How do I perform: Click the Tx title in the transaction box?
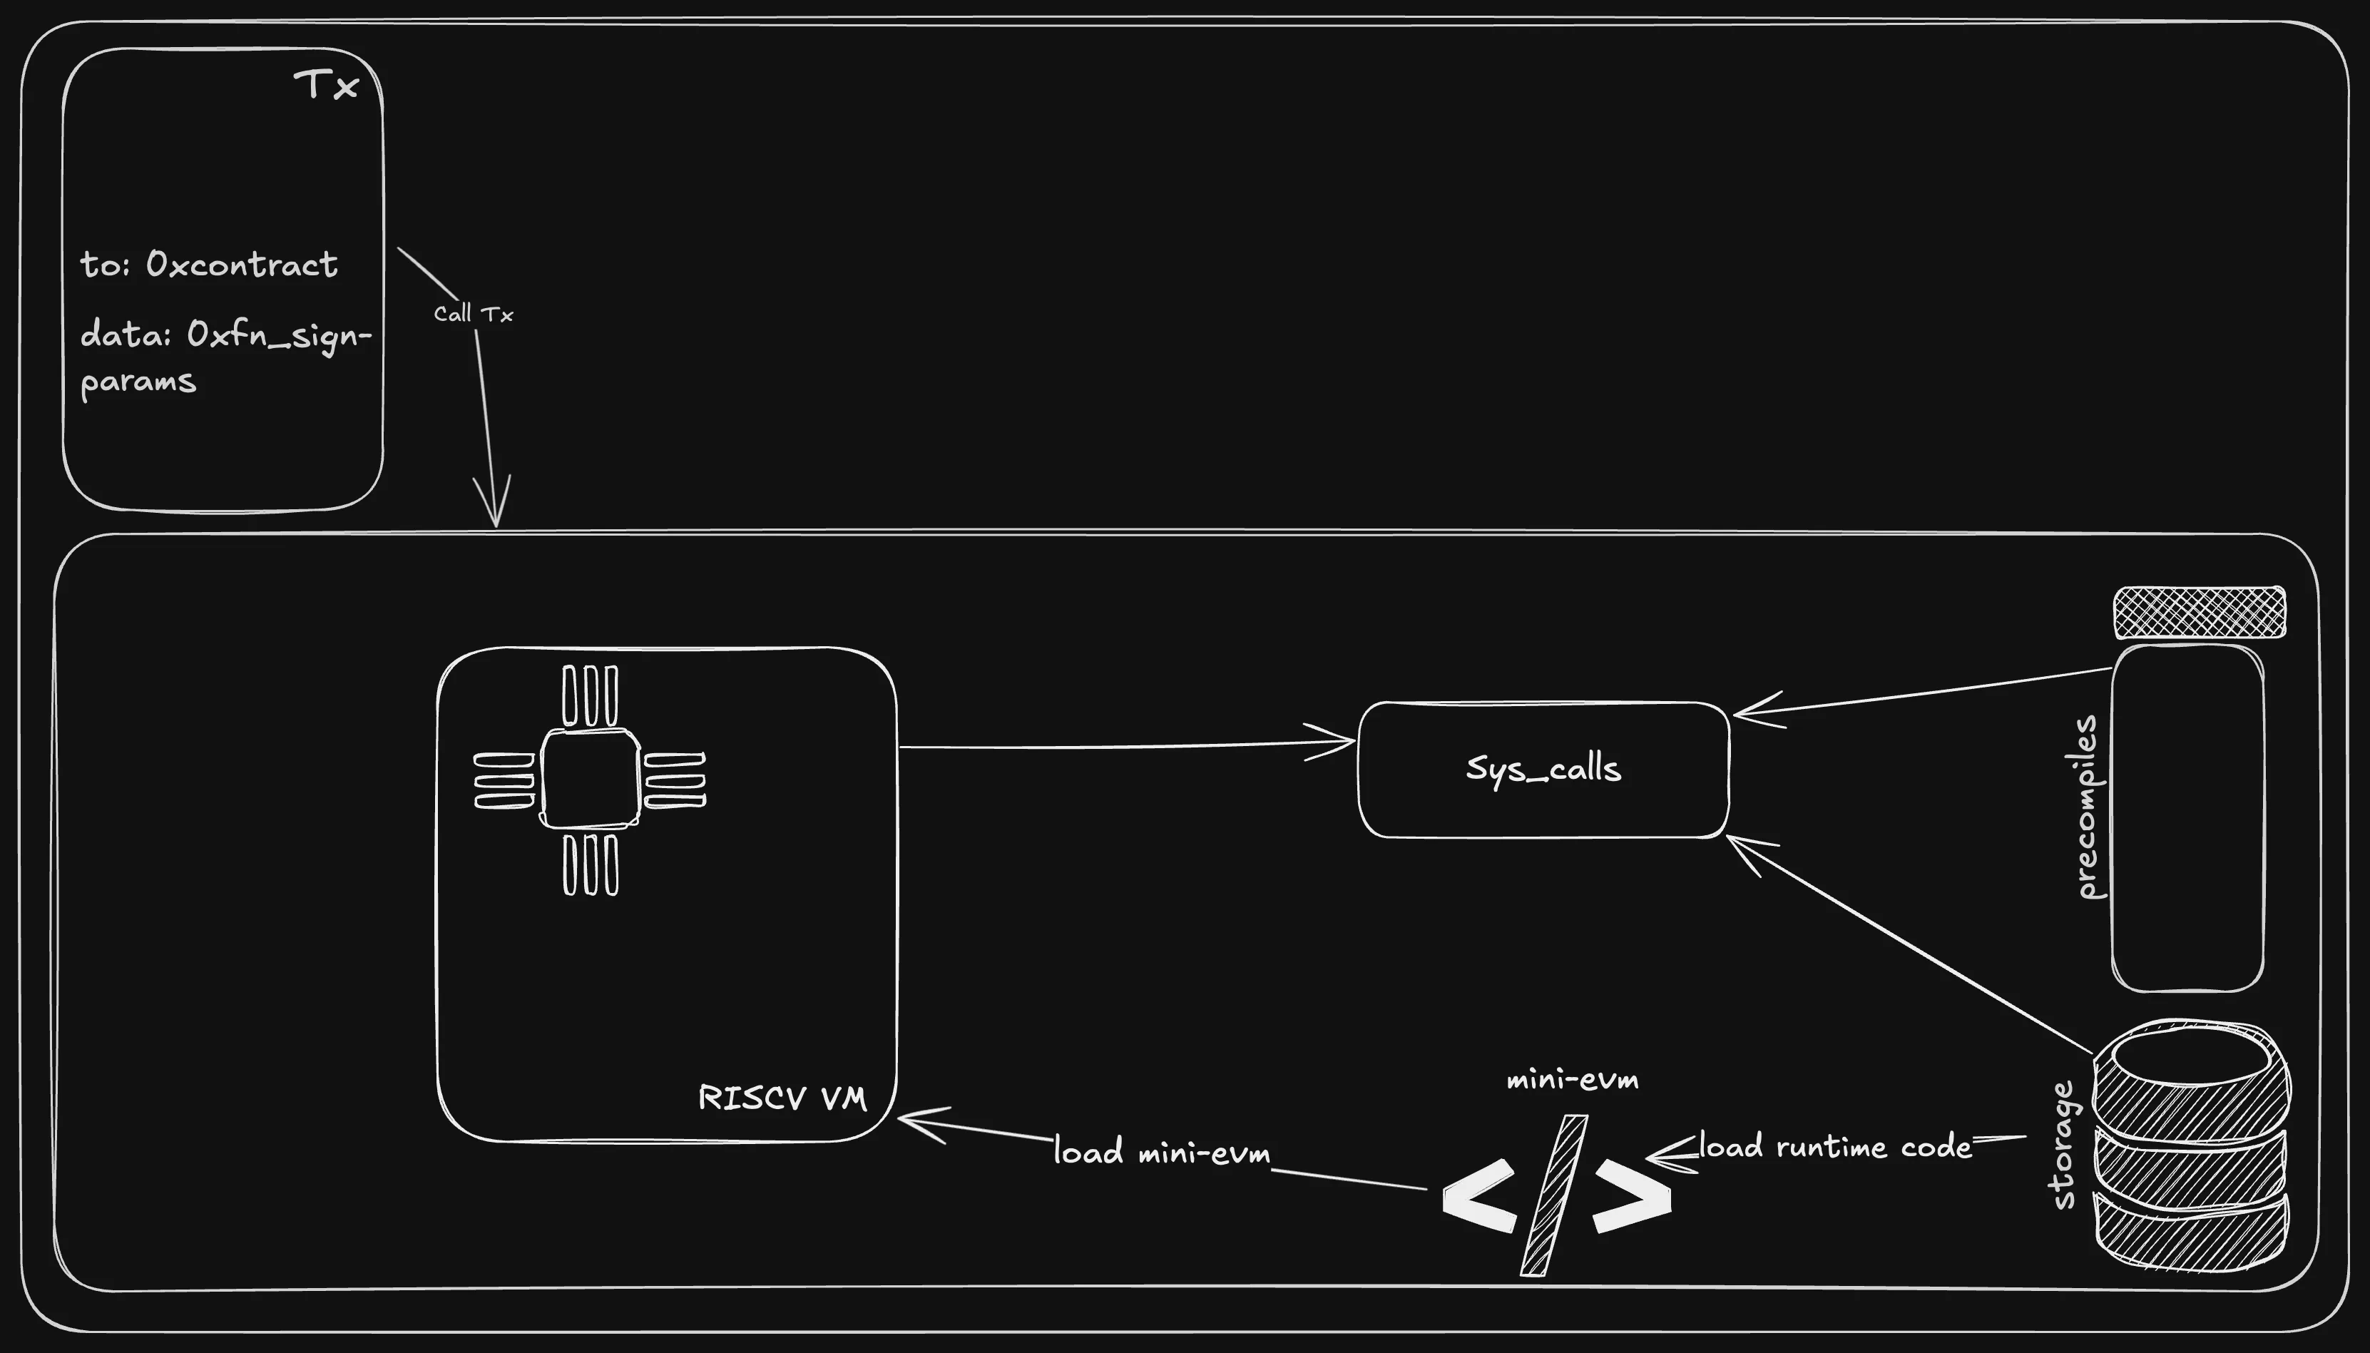pos(326,85)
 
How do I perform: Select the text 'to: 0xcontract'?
pos(209,265)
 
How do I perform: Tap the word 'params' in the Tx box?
pos(138,382)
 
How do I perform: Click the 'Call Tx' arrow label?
pos(473,314)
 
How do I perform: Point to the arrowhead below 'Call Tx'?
pos(495,506)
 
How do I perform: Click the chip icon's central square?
pos(590,779)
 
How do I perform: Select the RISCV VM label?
pos(782,1098)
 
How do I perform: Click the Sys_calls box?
pos(1543,770)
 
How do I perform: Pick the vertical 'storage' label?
pos(2062,1145)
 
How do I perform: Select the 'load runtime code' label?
pos(1835,1147)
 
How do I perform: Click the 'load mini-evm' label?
pos(1161,1153)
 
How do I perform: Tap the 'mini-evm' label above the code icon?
pos(1572,1080)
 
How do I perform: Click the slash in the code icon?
pos(1554,1195)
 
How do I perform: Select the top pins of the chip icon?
pos(590,695)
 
